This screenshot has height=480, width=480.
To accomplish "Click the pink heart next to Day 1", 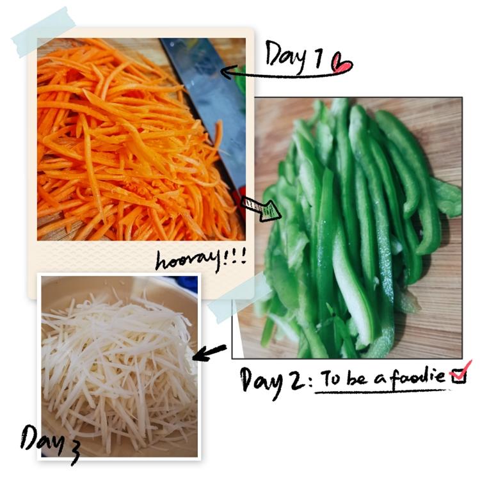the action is coord(342,63).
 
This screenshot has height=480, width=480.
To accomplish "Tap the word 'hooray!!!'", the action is coord(201,260).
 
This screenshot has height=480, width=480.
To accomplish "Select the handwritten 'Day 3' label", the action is coord(50,443).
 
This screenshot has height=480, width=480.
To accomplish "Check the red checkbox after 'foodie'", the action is coord(459,374).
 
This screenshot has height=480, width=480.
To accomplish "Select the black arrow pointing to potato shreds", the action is coord(209,352).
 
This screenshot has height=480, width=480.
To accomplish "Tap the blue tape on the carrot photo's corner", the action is coord(44,31).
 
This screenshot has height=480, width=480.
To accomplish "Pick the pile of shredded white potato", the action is coord(120,364).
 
